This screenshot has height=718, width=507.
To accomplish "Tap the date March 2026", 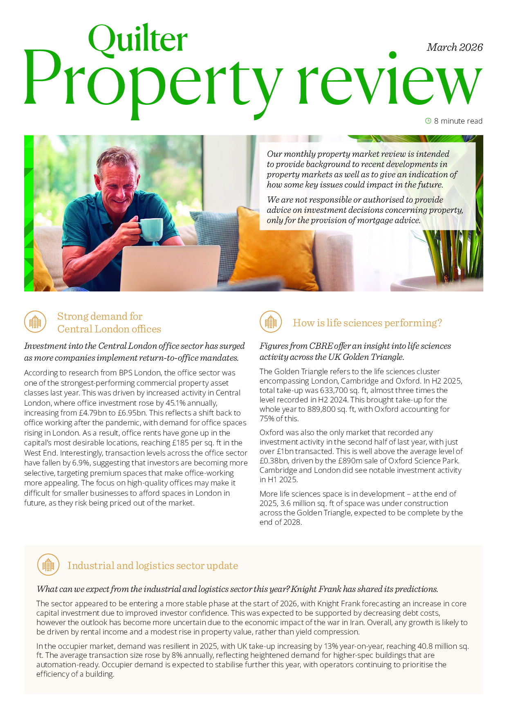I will click(455, 47).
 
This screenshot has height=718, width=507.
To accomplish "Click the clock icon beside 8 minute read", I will click(428, 121).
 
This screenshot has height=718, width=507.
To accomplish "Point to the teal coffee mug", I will click(151, 229).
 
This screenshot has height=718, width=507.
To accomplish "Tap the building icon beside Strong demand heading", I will click(35, 322).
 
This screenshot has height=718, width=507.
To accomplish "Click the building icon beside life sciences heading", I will click(271, 322).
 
